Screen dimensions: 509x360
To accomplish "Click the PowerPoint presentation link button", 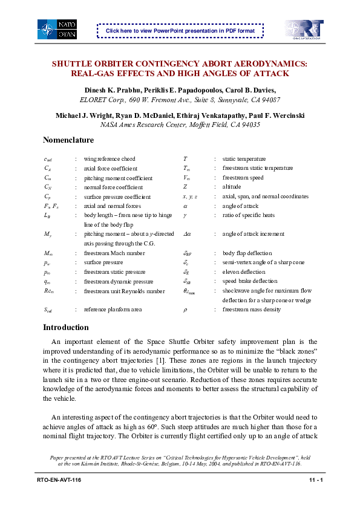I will (180, 30).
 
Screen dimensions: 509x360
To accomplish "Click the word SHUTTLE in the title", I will (73, 63).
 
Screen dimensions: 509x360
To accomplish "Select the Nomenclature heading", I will (68, 140).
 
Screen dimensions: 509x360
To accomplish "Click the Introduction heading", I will (65, 328).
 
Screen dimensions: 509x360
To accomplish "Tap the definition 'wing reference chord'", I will (110, 159).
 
